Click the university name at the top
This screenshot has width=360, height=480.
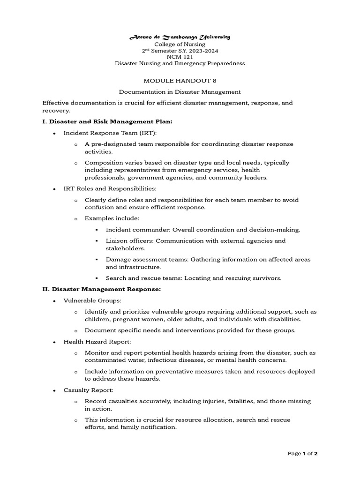coord(180,37)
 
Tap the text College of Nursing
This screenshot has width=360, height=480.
coord(180,44)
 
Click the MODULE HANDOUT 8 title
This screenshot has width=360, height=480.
coord(180,81)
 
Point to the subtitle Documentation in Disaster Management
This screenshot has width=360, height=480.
coord(180,92)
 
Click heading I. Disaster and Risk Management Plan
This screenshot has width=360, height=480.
coord(107,121)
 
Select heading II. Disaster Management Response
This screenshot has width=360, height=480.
coord(102,289)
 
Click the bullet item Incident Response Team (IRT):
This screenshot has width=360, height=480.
coord(110,133)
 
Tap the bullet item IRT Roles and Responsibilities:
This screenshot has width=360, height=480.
coord(110,188)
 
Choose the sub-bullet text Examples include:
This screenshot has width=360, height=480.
coord(112,218)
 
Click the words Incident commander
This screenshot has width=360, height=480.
coord(138,230)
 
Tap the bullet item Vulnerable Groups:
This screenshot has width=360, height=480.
coord(92,300)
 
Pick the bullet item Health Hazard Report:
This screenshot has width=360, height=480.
coord(97,342)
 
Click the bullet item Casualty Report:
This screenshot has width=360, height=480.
coord(88,390)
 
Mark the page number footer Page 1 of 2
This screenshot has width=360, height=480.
coord(303,453)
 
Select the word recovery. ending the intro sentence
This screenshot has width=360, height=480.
coord(56,111)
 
